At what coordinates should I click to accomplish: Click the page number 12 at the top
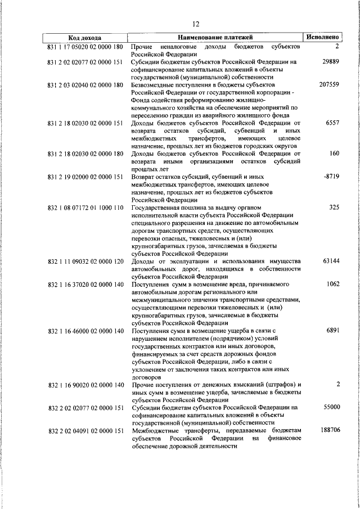coord(196,24)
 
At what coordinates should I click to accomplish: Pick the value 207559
coord(326,84)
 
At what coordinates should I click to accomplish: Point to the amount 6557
coord(331,123)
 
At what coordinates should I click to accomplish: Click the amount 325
coord(332,207)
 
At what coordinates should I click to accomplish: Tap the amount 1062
coord(331,284)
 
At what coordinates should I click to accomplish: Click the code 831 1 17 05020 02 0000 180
coord(85,46)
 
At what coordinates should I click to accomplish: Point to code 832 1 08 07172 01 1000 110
coord(85,207)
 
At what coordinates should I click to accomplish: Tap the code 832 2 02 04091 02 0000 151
coord(85,430)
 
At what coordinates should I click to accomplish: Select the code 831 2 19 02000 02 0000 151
coord(85,177)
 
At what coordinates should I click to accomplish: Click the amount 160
coord(333,154)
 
